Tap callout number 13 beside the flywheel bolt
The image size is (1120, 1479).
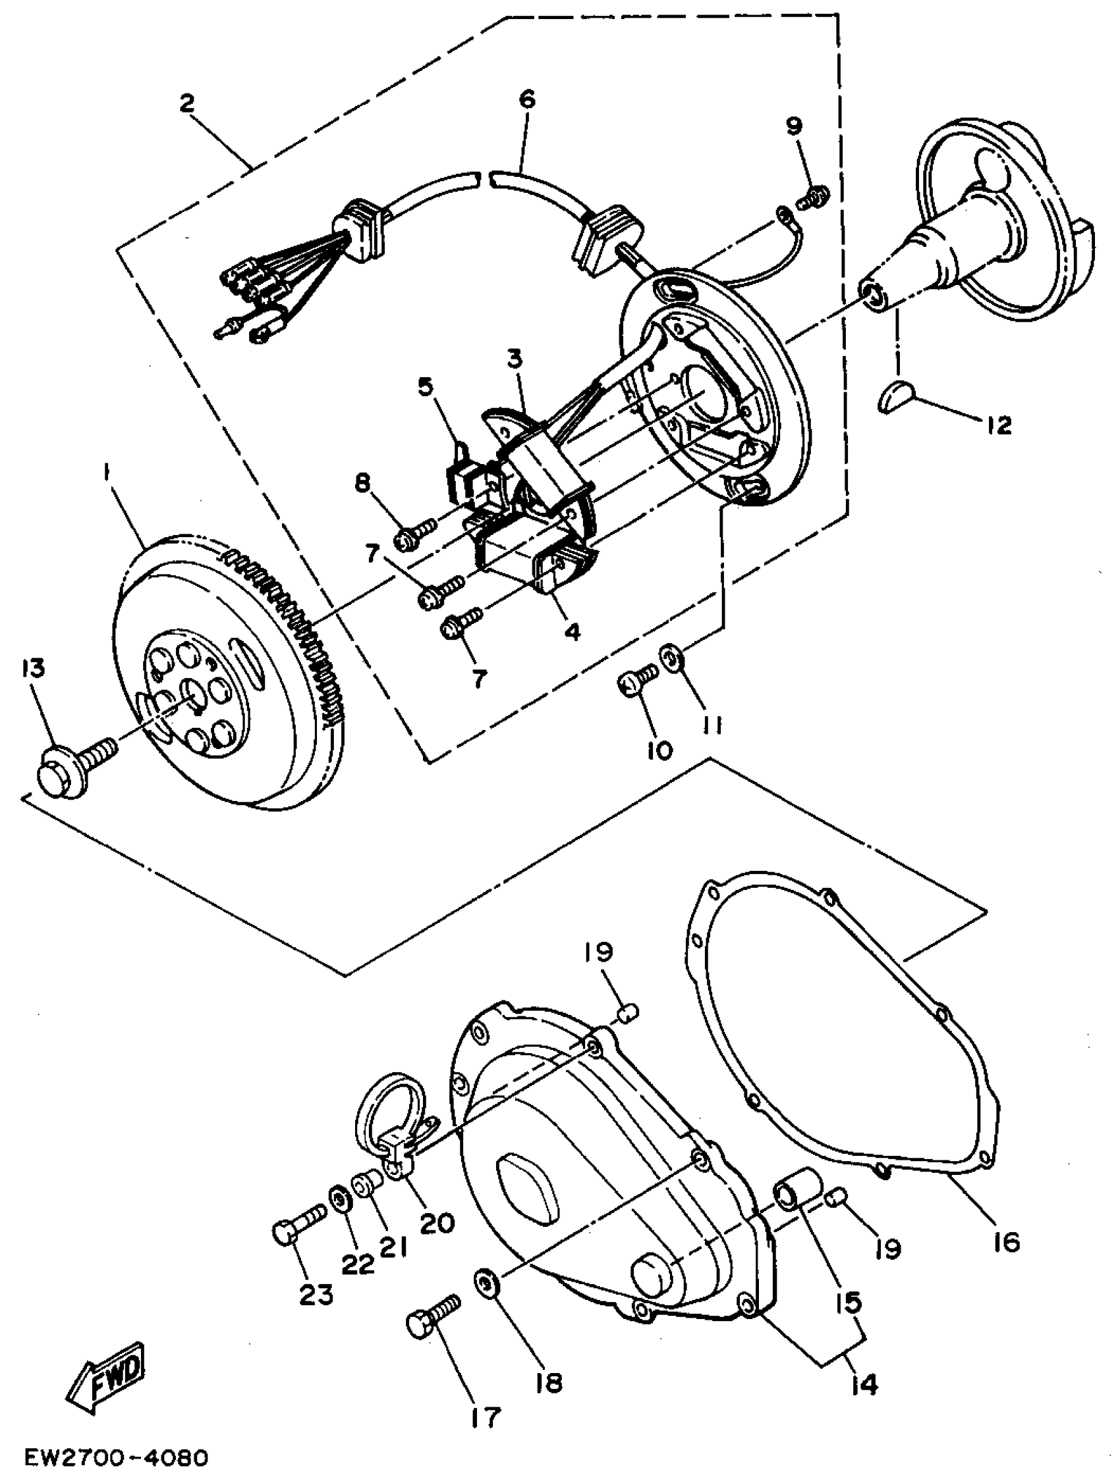click(33, 669)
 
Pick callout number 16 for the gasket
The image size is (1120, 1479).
click(1005, 1242)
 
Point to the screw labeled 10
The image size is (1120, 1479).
click(634, 679)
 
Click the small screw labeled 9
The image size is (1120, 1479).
click(812, 196)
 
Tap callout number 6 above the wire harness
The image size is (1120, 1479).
click(526, 100)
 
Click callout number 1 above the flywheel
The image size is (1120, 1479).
click(105, 474)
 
